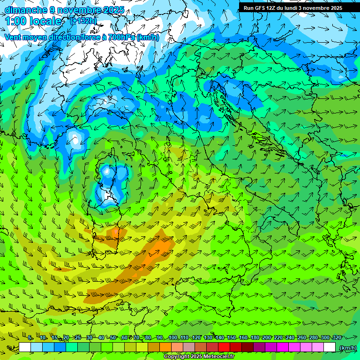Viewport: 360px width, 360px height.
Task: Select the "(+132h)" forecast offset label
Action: [x=84, y=21]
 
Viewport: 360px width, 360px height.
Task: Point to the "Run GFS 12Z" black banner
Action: [x=293, y=8]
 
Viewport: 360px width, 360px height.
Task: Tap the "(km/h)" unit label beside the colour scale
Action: [x=347, y=348]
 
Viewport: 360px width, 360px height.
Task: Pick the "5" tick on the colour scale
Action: [x=30, y=337]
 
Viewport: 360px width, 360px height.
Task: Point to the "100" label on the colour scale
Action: [x=172, y=337]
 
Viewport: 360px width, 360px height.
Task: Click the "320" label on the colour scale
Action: [x=337, y=337]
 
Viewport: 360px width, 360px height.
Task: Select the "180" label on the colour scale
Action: [x=255, y=337]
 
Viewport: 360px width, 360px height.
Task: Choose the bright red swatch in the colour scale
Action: [x=224, y=347]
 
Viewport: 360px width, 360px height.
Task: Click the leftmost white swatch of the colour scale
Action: [x=25, y=347]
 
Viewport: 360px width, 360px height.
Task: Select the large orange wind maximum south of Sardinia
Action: [x=157, y=251]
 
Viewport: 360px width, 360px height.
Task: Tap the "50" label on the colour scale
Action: [x=113, y=337]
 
